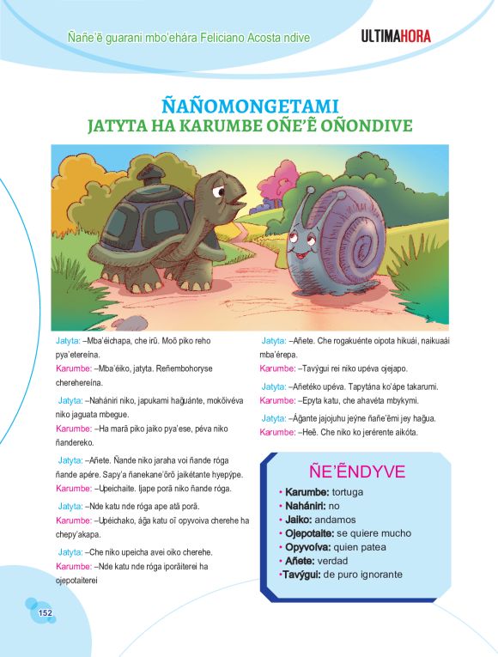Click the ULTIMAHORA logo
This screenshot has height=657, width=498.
(396, 36)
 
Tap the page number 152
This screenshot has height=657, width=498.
(46, 611)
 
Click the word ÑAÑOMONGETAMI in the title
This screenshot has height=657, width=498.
(249, 107)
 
